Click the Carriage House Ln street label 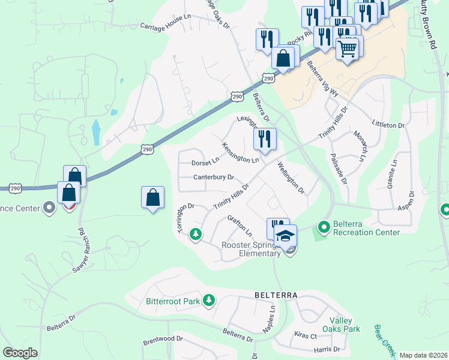(164, 27)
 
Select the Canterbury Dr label (213, 177)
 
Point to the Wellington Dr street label (291, 179)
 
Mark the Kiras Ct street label (305, 335)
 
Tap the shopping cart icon (348, 47)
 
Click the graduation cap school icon (286, 235)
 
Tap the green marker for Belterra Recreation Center (324, 227)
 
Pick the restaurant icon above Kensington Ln (265, 139)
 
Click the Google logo (20, 353)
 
